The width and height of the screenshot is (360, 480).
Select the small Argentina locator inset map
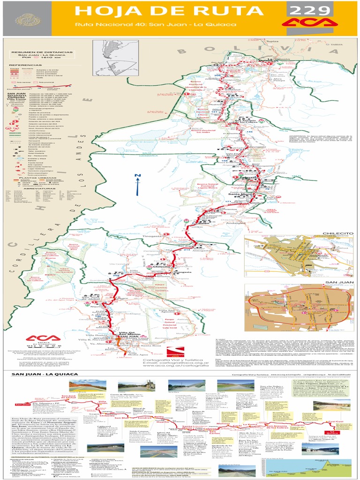tap(109, 56)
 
